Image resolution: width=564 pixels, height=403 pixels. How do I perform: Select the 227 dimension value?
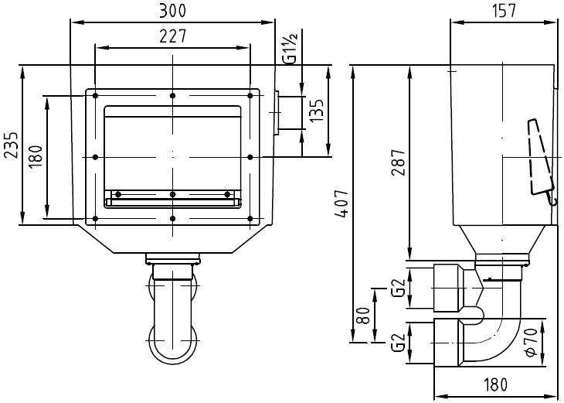[172, 36]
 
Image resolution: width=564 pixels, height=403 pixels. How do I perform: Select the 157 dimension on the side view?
[502, 10]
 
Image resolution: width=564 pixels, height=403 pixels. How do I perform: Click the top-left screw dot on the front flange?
[94, 95]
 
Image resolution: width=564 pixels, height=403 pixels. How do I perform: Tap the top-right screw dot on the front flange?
[250, 95]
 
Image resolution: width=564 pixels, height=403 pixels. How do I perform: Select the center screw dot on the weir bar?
[172, 194]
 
